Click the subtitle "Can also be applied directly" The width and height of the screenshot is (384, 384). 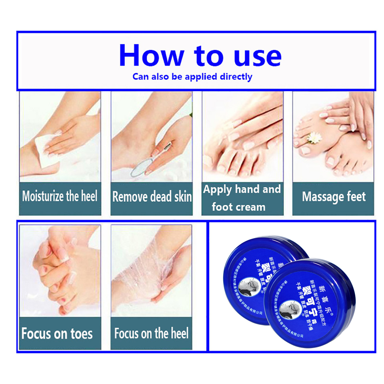point(192,76)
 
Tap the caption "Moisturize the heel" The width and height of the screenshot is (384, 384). point(60,196)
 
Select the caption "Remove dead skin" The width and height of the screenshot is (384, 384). point(152,197)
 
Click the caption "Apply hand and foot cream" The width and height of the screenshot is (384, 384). point(242,198)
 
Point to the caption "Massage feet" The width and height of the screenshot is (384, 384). point(334,197)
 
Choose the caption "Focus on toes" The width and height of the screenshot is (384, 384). point(57,334)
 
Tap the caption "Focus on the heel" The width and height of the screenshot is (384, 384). point(151,333)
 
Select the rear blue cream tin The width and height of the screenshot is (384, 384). point(256,260)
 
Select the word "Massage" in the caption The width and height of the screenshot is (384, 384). point(320,197)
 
